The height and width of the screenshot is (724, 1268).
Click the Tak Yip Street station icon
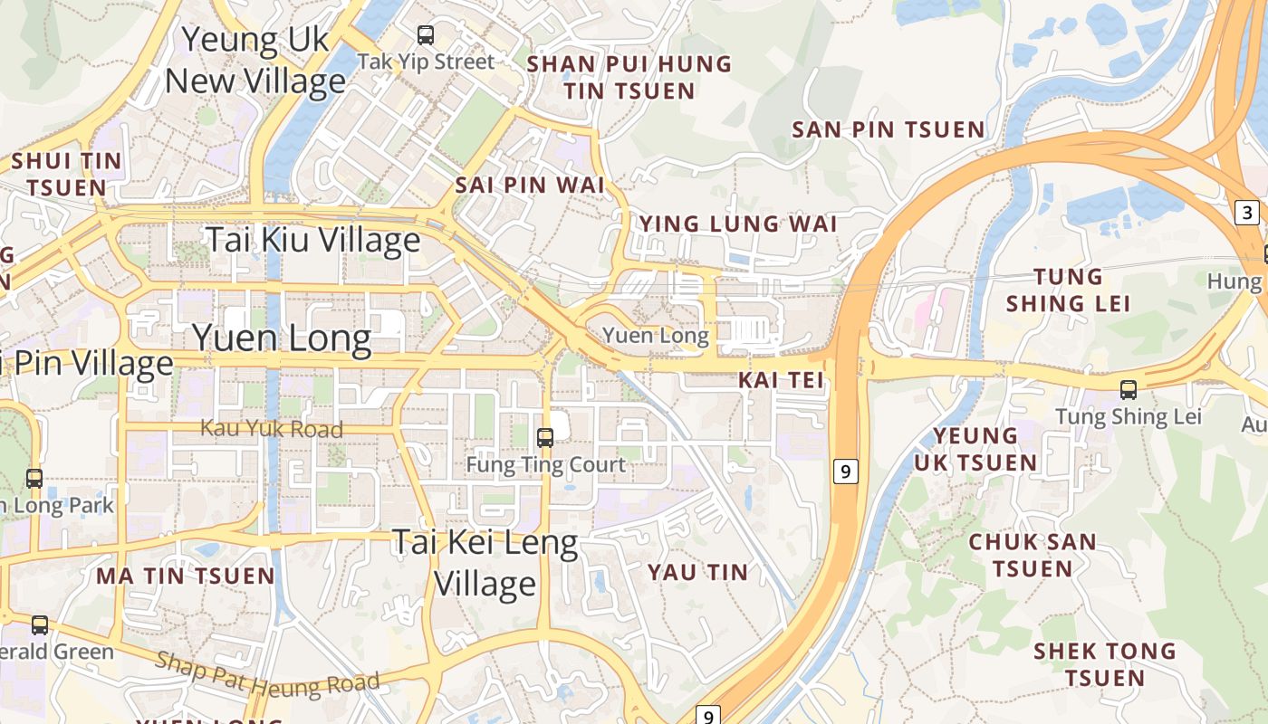425,35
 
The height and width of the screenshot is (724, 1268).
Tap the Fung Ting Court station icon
545,438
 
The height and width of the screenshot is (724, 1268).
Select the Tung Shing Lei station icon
1128,390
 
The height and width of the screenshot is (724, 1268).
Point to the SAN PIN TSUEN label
888,129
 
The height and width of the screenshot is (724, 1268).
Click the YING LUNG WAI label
738,224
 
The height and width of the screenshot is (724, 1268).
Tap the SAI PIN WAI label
529,185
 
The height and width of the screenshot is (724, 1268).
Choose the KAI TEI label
781,380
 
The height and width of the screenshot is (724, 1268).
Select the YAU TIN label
697,572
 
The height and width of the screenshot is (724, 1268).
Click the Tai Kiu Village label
313,241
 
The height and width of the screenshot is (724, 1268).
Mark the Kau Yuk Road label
272,429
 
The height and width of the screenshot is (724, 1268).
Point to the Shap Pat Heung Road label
267,672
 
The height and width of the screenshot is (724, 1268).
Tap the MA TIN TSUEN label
185,576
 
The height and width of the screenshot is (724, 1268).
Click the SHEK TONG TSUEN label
1104,663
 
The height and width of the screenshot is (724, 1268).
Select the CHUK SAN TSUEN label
1032,555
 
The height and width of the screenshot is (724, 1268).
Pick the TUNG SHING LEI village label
1069,290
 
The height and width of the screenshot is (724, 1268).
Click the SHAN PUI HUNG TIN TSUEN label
629,77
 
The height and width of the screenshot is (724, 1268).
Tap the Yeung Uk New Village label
255,61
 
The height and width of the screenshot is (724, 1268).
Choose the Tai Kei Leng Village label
485,563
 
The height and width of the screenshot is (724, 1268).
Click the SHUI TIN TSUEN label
66,174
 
